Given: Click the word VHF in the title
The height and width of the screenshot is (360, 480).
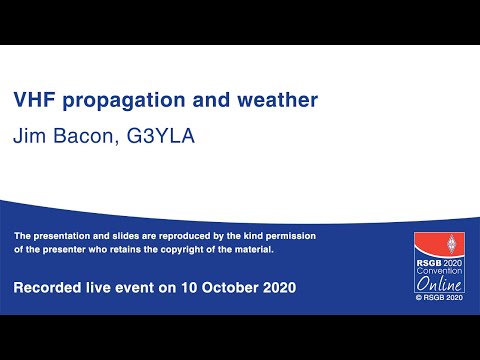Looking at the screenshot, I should (34, 101).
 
